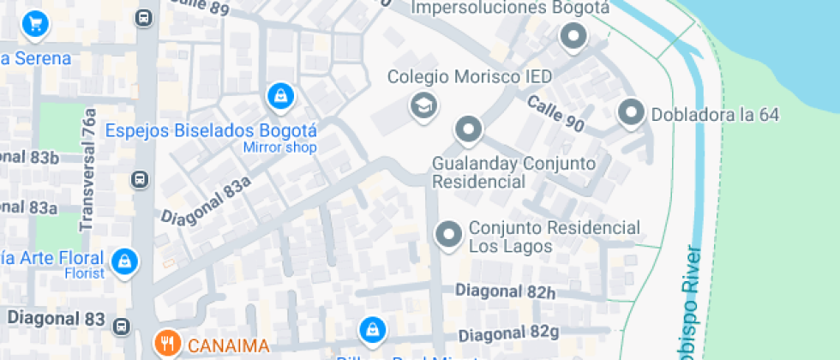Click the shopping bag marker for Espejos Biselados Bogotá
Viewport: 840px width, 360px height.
(x=280, y=97)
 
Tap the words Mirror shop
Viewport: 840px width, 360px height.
(x=280, y=147)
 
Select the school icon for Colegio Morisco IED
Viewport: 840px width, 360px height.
(x=423, y=106)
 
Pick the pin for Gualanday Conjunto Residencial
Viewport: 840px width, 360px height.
(x=468, y=130)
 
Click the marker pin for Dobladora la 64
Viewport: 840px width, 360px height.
(x=632, y=112)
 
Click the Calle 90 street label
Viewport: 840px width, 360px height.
(x=555, y=113)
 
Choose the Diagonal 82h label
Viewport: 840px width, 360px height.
(x=506, y=292)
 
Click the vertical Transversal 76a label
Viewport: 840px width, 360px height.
(x=87, y=176)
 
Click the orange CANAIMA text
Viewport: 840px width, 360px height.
(x=228, y=346)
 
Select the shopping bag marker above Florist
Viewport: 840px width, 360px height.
(x=125, y=261)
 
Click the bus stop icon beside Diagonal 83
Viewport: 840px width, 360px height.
(x=122, y=325)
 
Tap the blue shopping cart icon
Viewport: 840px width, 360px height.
(x=35, y=23)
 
